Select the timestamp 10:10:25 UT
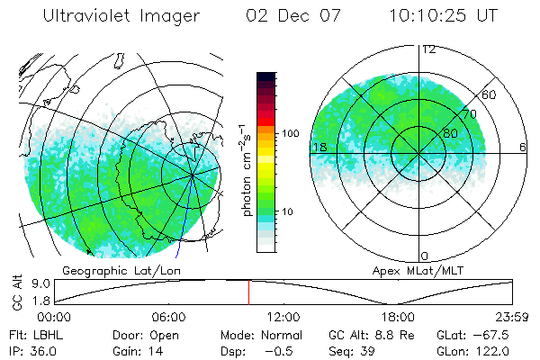click(445, 16)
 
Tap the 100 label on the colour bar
click(290, 133)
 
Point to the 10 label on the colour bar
click(287, 211)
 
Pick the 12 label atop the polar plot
click(428, 49)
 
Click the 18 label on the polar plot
click(318, 147)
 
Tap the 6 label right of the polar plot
click(523, 147)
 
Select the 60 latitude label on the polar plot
click(490, 94)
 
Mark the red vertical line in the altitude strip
click(249, 292)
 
